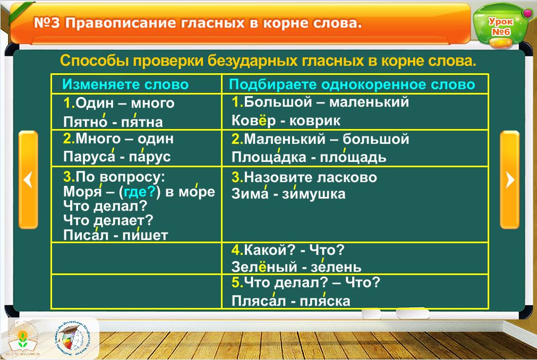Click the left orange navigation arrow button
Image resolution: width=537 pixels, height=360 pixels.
28,179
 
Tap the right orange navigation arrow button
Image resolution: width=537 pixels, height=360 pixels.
509,179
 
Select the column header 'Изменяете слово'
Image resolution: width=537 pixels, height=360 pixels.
125,84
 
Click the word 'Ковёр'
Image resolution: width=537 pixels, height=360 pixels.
253,121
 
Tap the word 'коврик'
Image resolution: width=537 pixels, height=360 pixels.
315,121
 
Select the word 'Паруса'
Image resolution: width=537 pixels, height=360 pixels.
89,157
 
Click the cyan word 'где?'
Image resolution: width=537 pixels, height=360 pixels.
140,192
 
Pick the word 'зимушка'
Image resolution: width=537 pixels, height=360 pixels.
314,194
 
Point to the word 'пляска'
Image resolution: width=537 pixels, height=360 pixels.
325,301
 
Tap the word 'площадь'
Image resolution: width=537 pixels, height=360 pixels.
353,157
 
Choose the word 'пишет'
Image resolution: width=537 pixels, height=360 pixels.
145,235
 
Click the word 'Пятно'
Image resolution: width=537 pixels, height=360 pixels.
86,122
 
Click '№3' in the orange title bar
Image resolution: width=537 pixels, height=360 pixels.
47,23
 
